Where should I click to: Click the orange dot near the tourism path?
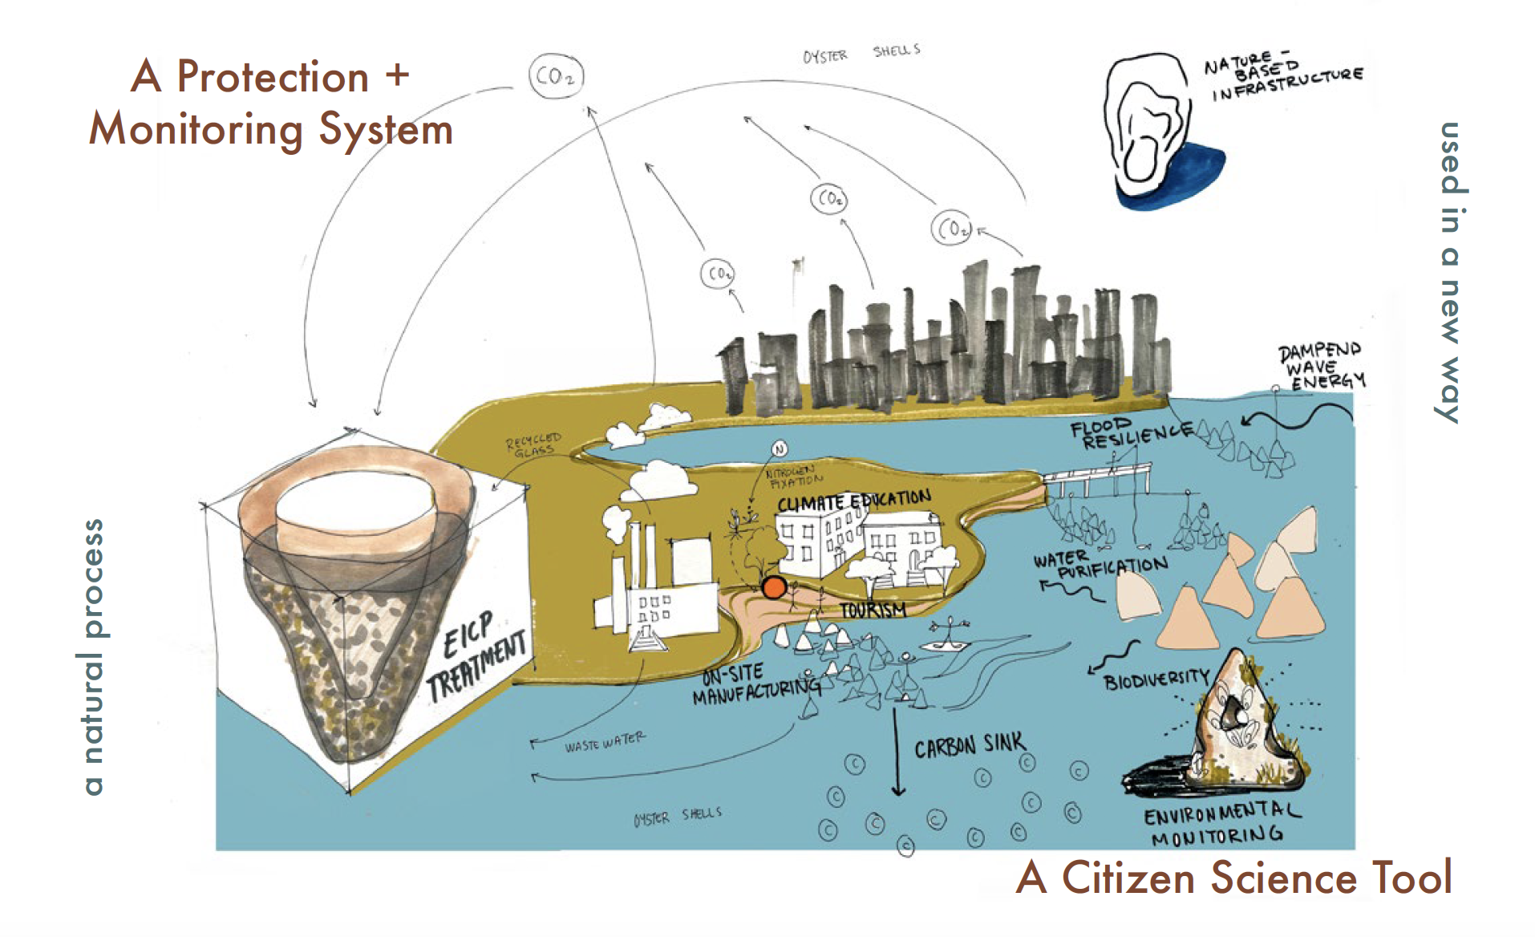(x=773, y=587)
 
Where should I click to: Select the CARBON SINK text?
(x=969, y=745)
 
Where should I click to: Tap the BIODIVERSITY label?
(x=1155, y=679)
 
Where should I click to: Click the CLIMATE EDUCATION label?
(x=853, y=501)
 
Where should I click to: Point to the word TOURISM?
(x=873, y=610)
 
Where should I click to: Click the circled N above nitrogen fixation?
(x=779, y=449)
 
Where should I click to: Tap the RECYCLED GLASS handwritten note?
(x=533, y=444)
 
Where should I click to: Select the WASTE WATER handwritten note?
(x=603, y=742)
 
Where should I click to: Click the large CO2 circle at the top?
(x=556, y=77)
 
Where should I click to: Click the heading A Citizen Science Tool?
(x=1233, y=878)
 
